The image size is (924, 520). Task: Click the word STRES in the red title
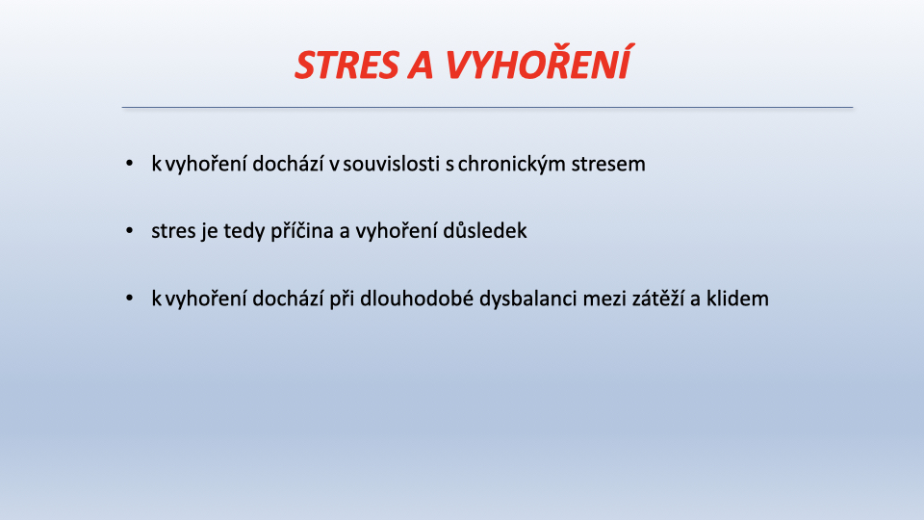coord(347,65)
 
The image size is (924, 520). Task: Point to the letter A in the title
coord(421,65)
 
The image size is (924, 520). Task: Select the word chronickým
coord(502,164)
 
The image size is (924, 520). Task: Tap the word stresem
coord(600,164)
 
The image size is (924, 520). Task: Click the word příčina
coord(301,230)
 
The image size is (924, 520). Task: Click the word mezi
coord(604,299)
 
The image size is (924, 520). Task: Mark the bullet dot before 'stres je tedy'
coord(130,230)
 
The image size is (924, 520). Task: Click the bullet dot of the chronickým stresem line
coord(130,164)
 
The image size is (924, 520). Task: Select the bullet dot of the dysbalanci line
coord(130,299)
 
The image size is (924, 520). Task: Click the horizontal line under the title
coord(487,107)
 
